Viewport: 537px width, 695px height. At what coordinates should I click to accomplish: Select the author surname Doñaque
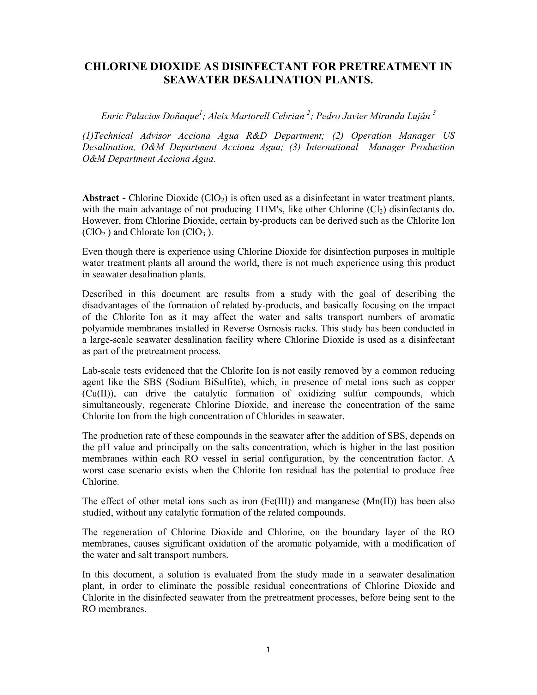180,116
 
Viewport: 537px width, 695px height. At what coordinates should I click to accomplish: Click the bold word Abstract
100,198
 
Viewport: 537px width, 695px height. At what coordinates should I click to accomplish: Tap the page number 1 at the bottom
268,650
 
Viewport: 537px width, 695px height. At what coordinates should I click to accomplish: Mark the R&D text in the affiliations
256,136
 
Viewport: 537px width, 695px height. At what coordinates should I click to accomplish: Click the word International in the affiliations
332,147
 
